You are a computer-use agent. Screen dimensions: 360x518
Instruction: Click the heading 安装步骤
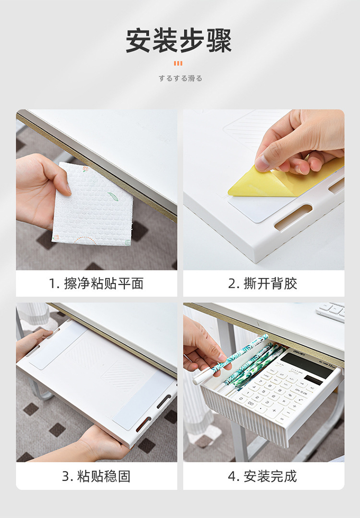tap(179, 41)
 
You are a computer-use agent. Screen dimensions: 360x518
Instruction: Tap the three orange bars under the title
tap(178, 63)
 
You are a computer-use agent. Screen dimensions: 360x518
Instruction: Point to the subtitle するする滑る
tap(180, 78)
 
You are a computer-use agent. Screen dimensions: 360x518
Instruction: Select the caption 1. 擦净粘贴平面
tap(96, 283)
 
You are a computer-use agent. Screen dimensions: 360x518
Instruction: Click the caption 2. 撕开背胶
tap(263, 283)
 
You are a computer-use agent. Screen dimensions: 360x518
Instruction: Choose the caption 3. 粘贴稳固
tap(96, 476)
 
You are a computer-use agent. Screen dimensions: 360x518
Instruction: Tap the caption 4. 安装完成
tap(263, 476)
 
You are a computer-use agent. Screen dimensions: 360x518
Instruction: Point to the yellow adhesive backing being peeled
tap(284, 180)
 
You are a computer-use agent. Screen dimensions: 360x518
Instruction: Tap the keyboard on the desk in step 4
tap(330, 311)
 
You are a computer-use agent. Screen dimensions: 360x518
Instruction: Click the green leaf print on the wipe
tap(113, 196)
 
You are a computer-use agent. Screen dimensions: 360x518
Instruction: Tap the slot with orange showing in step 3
tap(144, 424)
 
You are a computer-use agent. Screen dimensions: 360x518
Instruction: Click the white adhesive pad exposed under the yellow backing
tap(254, 208)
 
